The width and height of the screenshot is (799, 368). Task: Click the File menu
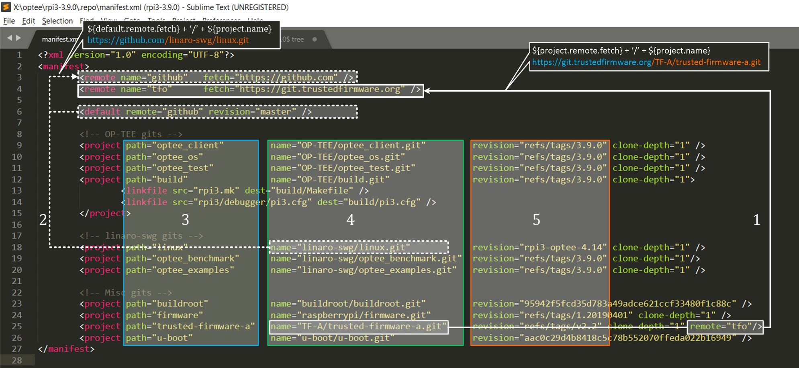9,21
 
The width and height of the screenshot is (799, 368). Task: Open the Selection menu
57,21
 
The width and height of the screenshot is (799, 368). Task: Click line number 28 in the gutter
16,360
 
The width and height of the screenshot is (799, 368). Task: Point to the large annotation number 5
536,220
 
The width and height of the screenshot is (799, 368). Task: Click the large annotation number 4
350,220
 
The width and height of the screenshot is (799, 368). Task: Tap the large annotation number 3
185,220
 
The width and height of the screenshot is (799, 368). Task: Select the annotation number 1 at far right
756,220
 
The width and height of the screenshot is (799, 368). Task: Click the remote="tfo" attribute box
725,327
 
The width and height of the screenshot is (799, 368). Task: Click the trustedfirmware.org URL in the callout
646,62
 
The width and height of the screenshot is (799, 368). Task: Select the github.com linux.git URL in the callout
168,40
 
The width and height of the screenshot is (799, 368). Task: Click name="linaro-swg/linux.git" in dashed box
340,247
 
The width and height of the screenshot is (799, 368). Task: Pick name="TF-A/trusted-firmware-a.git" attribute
358,327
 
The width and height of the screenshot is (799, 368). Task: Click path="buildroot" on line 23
167,304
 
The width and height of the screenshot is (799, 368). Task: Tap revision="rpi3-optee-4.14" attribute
539,247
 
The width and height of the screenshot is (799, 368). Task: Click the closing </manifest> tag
66,349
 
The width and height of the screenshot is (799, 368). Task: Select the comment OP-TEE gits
131,134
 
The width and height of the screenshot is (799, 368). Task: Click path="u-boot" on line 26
159,338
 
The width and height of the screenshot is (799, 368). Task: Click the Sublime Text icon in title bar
6,7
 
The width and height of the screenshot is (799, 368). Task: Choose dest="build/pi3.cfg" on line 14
369,202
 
